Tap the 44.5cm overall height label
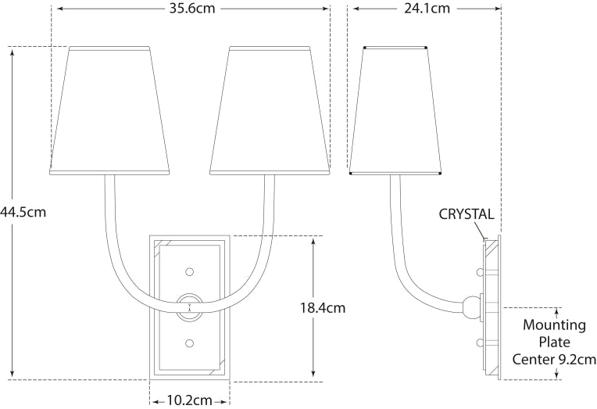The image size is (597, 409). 23,212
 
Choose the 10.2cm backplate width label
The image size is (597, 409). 188,400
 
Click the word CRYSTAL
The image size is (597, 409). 466,213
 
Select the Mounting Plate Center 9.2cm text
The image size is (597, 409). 554,342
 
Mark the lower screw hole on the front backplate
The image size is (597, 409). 189,343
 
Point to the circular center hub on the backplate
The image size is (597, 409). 189,307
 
